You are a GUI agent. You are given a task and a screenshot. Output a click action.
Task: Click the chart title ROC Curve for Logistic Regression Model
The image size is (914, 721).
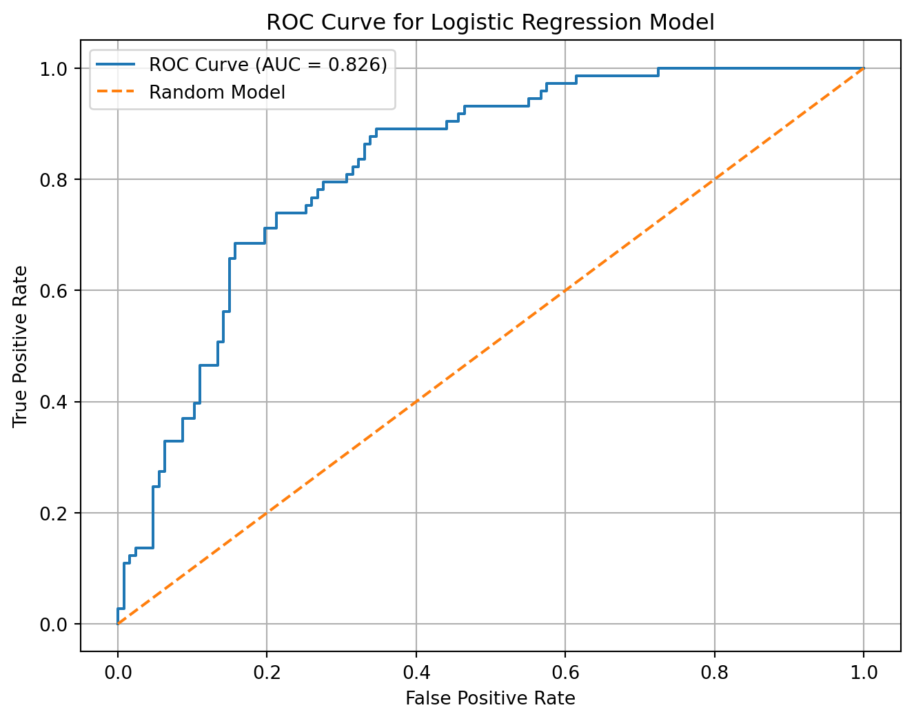(490, 22)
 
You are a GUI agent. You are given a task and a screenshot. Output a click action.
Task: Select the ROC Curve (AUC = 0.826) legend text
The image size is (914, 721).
(268, 65)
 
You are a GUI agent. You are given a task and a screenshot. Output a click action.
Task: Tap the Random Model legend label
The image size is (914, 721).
(217, 92)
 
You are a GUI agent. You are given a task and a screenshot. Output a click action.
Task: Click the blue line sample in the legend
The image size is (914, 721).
(116, 65)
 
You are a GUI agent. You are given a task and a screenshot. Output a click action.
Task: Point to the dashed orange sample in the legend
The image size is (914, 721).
(116, 92)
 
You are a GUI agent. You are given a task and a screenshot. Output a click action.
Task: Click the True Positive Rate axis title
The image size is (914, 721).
(20, 346)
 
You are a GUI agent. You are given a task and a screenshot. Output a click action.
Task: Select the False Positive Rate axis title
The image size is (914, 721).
(490, 698)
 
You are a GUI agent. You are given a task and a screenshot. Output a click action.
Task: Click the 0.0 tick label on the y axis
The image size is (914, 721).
(54, 624)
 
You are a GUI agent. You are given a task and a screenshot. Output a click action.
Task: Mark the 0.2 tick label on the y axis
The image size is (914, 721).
(54, 514)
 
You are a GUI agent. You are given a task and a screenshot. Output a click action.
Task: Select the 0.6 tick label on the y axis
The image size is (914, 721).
(54, 291)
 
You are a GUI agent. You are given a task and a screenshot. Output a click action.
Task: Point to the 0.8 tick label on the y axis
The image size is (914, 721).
(54, 180)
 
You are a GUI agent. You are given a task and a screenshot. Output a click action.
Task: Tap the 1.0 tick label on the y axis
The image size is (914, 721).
(54, 69)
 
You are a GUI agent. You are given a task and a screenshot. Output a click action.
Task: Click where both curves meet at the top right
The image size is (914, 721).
(864, 68)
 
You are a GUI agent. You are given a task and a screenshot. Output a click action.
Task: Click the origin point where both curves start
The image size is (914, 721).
(118, 624)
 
